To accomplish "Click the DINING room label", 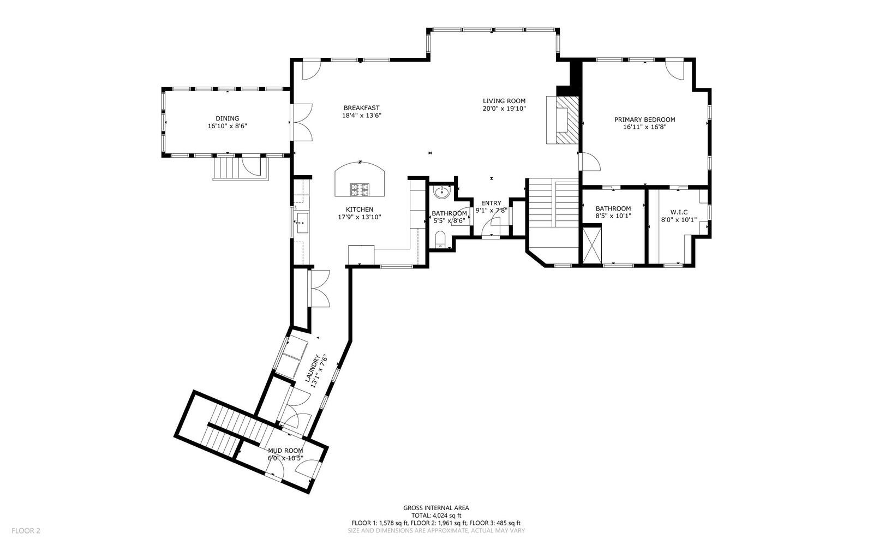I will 227,118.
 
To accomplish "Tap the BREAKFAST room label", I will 361,108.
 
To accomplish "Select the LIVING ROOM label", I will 504,101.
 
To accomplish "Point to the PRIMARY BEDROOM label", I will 644,119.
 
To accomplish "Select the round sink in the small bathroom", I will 441,193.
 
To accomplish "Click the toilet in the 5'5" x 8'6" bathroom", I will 440,239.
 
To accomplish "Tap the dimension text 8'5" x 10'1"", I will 613,216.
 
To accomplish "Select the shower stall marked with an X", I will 592,245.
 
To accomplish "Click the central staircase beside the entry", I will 552,205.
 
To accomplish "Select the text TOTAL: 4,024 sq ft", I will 436,515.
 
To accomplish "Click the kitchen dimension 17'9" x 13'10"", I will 359,217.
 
